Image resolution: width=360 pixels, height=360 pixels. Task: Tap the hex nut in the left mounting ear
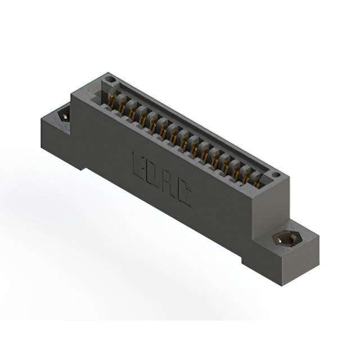tap(64, 116)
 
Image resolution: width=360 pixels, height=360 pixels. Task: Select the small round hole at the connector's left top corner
tap(111, 79)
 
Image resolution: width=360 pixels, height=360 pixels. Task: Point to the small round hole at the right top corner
tap(275, 175)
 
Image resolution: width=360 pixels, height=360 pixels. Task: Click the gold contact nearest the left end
tap(112, 101)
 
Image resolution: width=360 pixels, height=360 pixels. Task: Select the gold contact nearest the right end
tap(258, 181)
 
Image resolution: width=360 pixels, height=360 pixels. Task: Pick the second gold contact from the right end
tap(247, 175)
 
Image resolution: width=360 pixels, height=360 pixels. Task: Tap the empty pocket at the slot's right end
tap(265, 181)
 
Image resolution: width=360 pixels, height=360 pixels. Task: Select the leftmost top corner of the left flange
tap(41, 120)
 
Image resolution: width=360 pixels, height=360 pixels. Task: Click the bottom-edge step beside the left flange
tap(84, 167)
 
